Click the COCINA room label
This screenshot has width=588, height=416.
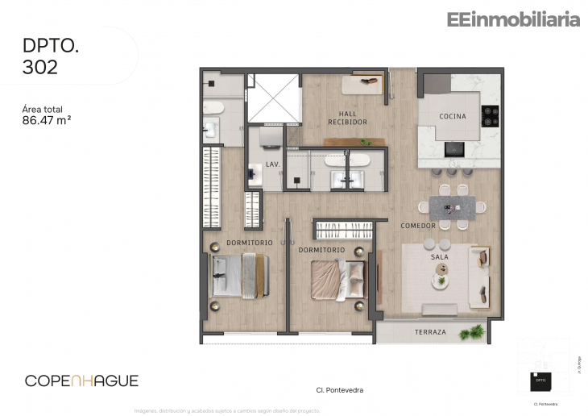click(x=452, y=117)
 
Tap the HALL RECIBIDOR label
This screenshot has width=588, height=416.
click(x=347, y=118)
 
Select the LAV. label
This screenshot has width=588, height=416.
click(x=272, y=164)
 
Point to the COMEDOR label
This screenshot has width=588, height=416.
click(x=418, y=226)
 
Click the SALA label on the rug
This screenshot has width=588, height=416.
click(x=439, y=256)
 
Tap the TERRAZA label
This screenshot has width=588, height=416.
click(x=430, y=331)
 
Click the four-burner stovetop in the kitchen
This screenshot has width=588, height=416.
click(x=490, y=116)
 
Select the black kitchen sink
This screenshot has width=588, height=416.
click(x=455, y=148)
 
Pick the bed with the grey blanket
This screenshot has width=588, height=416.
click(x=238, y=277)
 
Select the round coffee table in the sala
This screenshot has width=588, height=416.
click(x=440, y=281)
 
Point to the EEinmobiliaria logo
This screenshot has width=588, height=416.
click(x=512, y=20)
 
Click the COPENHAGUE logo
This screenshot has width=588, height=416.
click(x=81, y=381)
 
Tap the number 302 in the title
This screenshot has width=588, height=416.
click(x=40, y=67)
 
